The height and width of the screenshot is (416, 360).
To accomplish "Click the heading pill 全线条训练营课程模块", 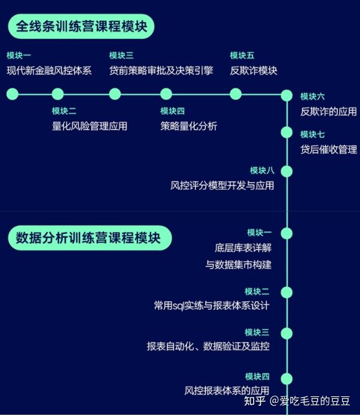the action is [81, 27].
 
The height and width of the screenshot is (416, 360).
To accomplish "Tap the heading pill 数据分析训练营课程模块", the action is [90, 238].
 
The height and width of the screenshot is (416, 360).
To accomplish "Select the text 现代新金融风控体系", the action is [49, 70].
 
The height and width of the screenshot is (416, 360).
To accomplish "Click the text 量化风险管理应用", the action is [90, 126].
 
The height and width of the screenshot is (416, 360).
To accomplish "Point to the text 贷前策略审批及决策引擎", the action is [161, 70].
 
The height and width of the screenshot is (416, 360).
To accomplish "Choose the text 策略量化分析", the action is [189, 126].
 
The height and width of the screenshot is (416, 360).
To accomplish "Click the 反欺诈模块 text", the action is [254, 70].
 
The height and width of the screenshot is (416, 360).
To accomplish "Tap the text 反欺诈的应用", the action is [328, 112].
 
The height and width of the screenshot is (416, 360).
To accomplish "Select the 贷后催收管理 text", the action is [328, 149].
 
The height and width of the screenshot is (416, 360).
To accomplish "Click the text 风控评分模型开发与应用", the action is [222, 186].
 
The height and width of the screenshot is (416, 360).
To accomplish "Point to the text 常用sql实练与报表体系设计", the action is [211, 306].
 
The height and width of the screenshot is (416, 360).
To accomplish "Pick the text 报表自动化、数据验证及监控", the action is [208, 346].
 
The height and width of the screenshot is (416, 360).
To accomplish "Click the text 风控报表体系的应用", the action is [227, 391].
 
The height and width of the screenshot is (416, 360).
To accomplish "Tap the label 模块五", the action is [242, 56].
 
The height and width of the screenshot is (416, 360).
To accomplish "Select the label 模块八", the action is [262, 170].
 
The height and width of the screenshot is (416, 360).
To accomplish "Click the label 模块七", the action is [312, 134].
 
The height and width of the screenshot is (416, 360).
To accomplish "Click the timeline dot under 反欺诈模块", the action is [236, 94].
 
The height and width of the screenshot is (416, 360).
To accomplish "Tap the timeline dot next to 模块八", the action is [287, 171].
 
